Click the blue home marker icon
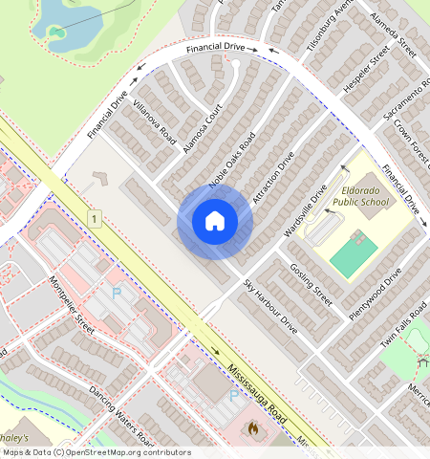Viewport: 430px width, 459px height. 215,222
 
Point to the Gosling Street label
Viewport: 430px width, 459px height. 310,284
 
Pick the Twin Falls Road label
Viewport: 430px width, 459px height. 403,328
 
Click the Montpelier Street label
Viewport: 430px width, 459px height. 71,304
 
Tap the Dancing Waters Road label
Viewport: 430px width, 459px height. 121,416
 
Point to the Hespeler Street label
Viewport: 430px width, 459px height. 366,69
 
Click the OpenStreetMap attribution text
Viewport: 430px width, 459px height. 96,452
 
